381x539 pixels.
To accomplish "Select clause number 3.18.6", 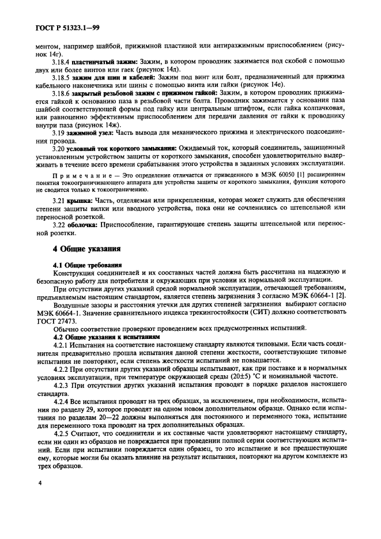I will pyautogui.click(x=63, y=109).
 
